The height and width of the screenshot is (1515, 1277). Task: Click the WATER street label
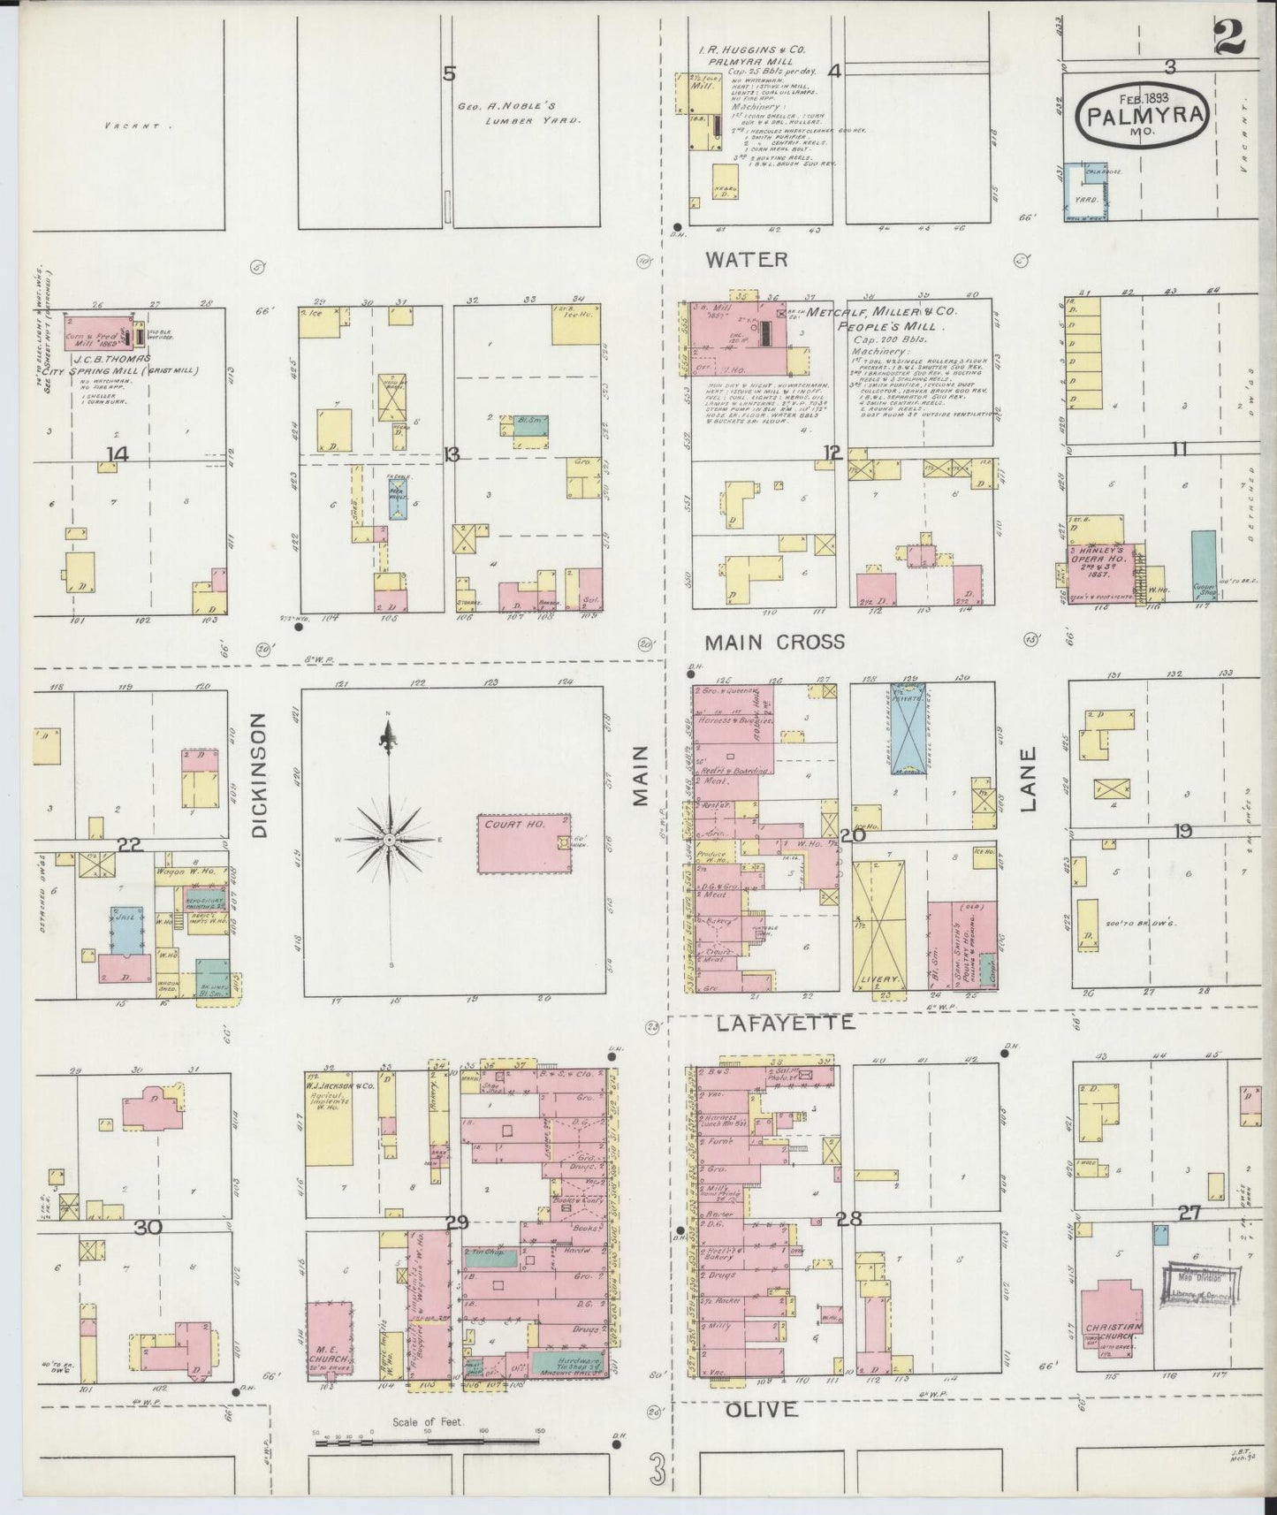(747, 259)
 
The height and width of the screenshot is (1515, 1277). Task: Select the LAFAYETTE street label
(786, 1023)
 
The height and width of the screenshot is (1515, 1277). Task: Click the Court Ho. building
(524, 844)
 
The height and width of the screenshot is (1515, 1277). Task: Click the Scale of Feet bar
(428, 1442)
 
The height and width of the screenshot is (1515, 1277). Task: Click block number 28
(848, 1219)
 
